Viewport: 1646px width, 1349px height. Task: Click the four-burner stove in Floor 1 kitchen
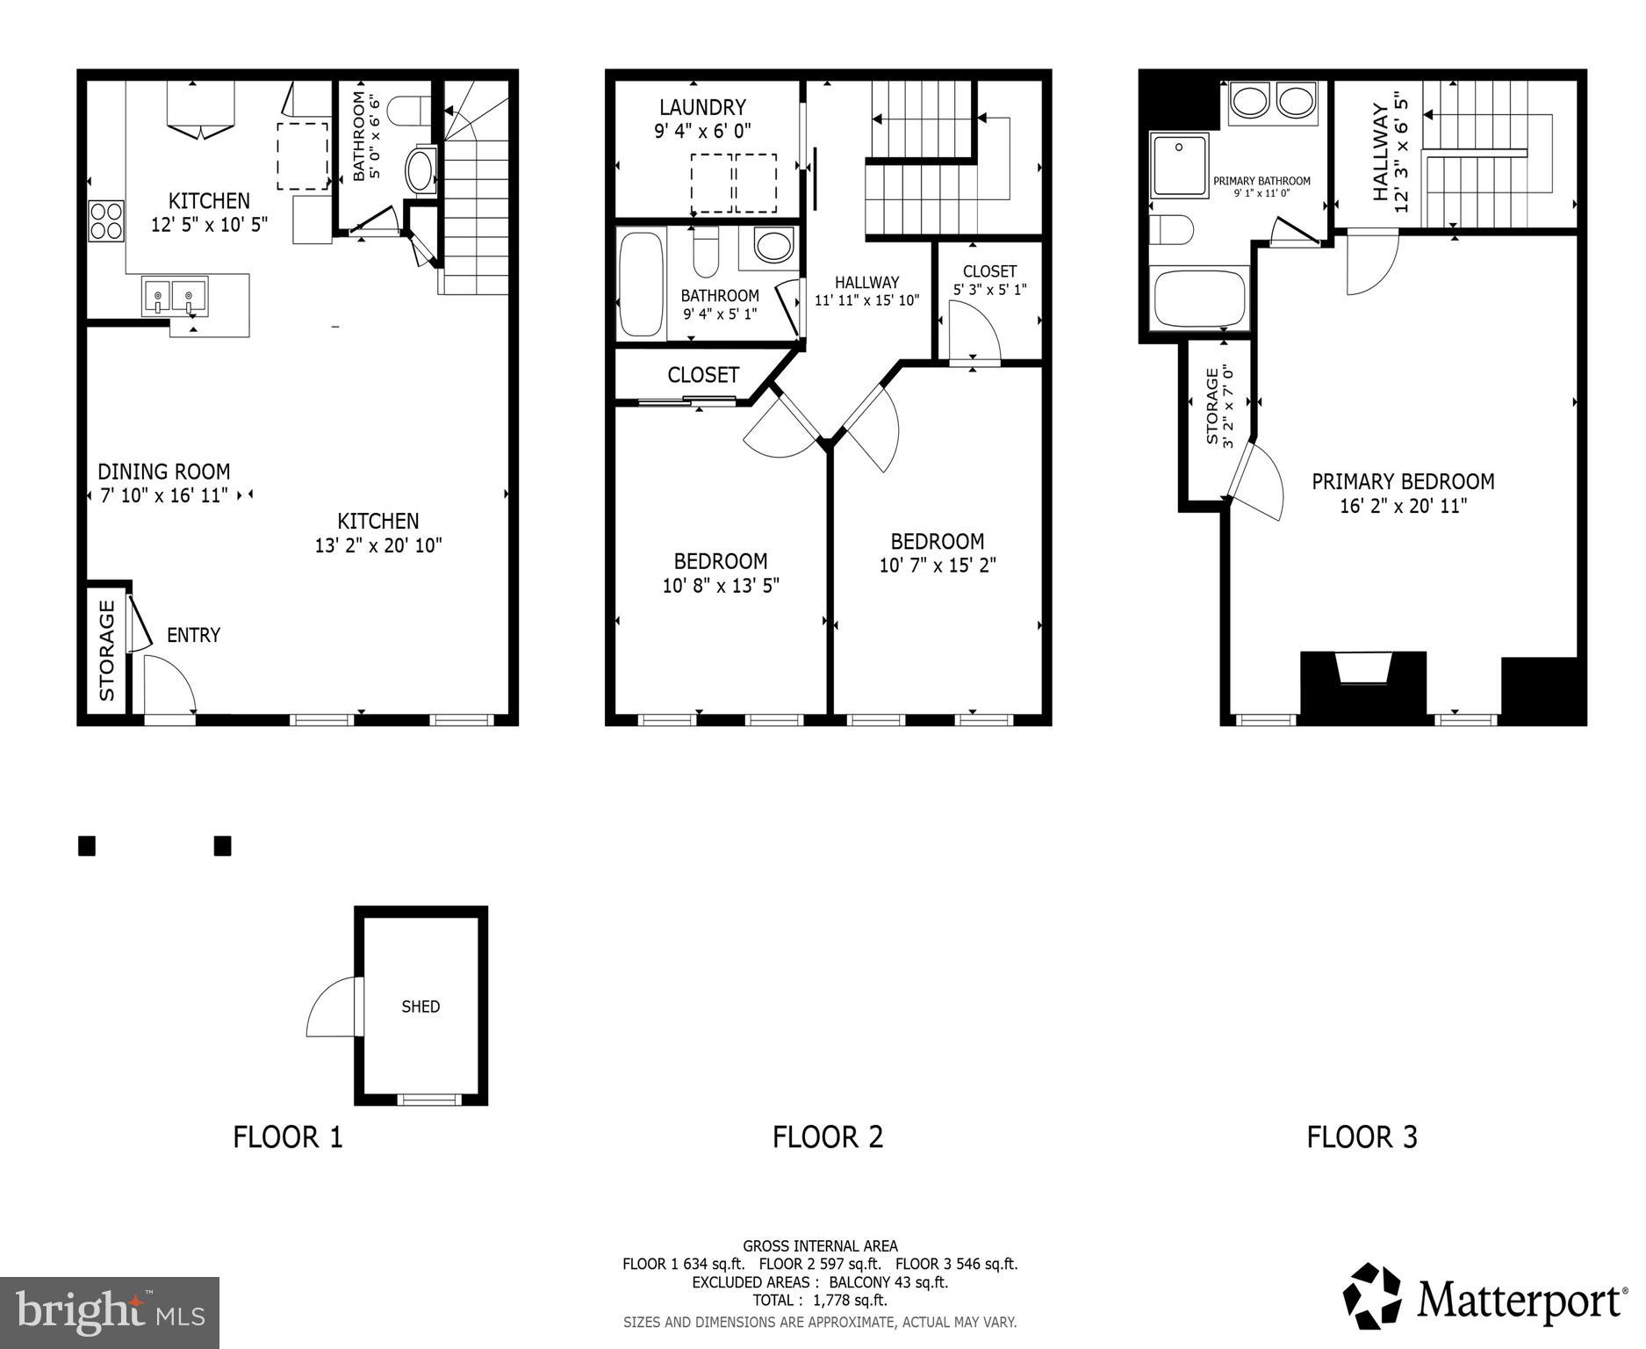click(x=105, y=220)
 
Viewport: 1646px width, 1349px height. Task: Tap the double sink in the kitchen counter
click(x=174, y=296)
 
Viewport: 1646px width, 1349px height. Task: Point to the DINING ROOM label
click(x=163, y=472)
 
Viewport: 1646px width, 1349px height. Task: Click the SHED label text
click(x=420, y=1006)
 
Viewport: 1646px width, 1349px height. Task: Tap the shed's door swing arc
click(x=331, y=1008)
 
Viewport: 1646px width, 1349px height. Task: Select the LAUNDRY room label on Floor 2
click(x=702, y=107)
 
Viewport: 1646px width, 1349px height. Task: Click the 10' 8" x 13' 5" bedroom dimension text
click(x=720, y=585)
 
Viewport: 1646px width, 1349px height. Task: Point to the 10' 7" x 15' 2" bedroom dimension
click(x=937, y=565)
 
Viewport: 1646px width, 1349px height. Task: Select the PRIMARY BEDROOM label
click(x=1402, y=481)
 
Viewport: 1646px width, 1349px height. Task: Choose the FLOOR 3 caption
click(x=1362, y=1137)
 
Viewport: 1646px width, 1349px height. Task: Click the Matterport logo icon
click(x=1372, y=1296)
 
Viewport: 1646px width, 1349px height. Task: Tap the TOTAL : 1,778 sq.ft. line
click(x=819, y=1300)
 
